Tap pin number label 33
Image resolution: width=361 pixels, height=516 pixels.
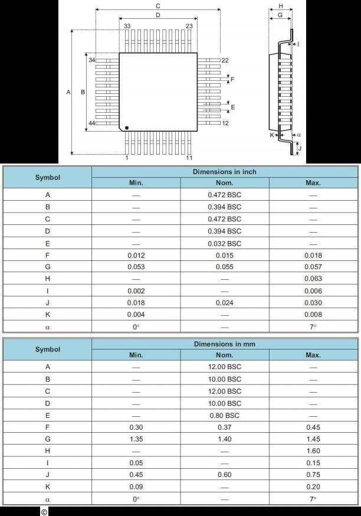127,26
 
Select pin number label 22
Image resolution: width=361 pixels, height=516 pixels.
225,60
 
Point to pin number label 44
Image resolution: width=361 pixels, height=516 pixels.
91,123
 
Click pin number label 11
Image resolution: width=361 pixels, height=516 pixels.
189,158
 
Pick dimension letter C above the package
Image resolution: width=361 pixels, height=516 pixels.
157,5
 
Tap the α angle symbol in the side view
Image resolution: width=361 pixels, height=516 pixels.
299,135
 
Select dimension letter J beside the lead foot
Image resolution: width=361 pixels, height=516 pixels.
300,148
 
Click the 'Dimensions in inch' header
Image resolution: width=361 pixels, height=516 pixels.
224,172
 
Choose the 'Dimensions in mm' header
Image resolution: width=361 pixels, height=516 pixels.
224,344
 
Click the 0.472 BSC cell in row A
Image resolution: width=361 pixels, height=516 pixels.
224,195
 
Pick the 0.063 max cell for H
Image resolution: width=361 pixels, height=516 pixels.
313,279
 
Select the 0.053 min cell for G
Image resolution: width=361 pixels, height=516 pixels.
136,267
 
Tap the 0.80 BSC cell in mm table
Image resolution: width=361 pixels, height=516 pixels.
224,415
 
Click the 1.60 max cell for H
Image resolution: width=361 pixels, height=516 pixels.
313,451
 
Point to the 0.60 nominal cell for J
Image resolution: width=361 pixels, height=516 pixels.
224,475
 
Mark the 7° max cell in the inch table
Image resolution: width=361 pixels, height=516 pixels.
313,326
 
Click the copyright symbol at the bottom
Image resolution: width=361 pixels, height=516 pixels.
44,511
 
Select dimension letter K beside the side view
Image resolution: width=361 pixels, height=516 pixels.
272,135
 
